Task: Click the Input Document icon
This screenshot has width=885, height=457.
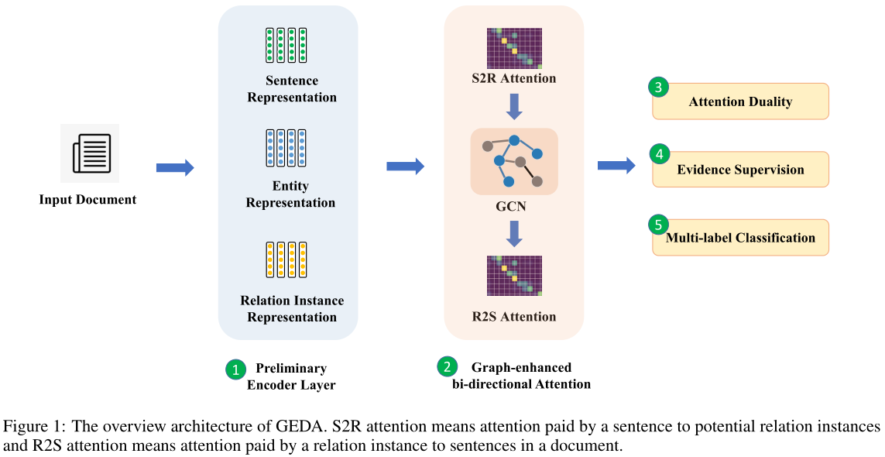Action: coord(90,153)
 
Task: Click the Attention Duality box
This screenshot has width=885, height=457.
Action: coord(741,101)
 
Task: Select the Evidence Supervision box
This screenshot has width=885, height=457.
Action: coord(741,170)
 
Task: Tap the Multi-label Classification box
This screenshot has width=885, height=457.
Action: coord(741,238)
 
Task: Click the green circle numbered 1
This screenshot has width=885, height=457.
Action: coord(235,369)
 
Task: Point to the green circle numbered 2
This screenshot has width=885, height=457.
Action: coord(447,366)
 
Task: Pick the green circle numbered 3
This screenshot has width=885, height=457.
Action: coord(658,88)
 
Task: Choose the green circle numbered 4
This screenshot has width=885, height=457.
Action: coord(659,155)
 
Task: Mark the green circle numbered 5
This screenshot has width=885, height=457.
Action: coord(658,224)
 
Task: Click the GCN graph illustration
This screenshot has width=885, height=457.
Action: coord(513,161)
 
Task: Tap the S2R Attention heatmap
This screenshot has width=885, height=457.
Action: coord(514,48)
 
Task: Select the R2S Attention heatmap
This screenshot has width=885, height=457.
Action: coord(514,275)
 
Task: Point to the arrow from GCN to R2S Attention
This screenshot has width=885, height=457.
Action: coord(514,232)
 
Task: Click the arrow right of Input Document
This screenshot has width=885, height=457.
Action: coord(174,168)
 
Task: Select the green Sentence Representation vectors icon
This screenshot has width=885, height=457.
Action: coord(286,45)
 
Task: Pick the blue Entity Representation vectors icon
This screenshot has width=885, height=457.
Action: coord(286,149)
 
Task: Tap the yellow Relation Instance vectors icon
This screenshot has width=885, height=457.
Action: coord(286,260)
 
